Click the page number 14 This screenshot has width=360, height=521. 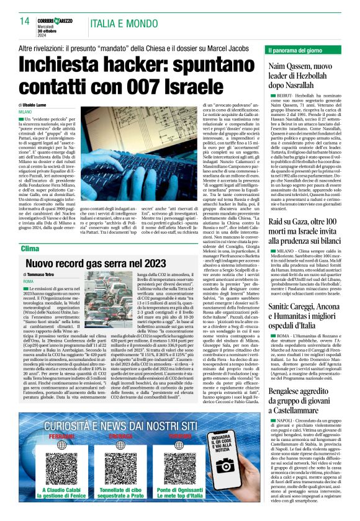click(x=25, y=21)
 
